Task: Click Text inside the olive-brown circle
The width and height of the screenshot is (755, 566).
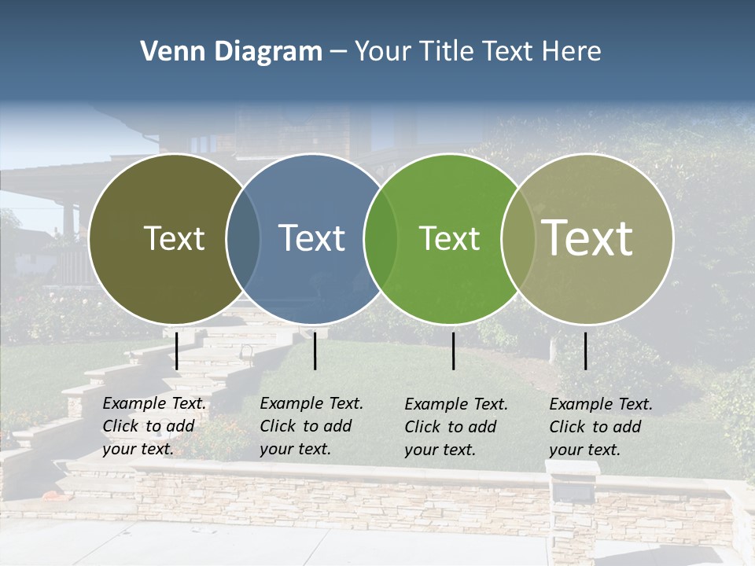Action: click(174, 238)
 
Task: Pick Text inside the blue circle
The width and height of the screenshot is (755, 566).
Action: click(311, 238)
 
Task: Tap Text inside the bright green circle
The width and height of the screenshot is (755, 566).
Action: click(449, 238)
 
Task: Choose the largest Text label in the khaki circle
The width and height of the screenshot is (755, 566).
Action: click(587, 237)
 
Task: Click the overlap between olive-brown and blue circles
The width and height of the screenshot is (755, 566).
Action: click(243, 238)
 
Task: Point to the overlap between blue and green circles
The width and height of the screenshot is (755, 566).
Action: click(381, 238)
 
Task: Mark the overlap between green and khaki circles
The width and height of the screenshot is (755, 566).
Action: click(517, 238)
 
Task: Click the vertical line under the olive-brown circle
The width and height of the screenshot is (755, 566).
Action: click(177, 351)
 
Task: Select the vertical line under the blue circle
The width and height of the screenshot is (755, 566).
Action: click(315, 351)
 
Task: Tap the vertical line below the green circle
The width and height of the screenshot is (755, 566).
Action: click(454, 351)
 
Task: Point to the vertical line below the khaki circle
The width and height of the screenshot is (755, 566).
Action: click(586, 351)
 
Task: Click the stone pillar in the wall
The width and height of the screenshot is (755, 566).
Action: click(573, 511)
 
